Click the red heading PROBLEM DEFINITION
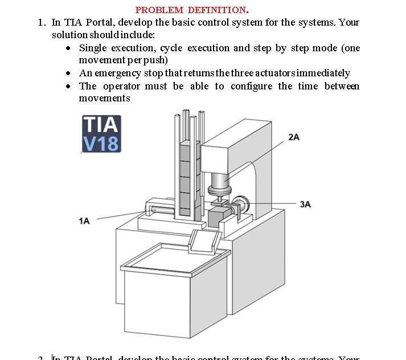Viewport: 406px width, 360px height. pos(192,10)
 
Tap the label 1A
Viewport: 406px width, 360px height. pos(84,221)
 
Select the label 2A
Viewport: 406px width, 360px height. pos(294,137)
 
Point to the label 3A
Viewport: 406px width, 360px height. pos(305,204)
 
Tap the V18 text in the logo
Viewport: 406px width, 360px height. pos(101,143)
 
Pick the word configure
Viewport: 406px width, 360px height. pos(252,86)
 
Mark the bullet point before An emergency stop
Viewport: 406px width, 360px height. pos(68,73)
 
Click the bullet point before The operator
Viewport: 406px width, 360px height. pos(68,87)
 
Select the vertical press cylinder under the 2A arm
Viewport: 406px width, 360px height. pos(219,182)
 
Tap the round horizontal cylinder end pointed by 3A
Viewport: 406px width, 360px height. pos(243,204)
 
